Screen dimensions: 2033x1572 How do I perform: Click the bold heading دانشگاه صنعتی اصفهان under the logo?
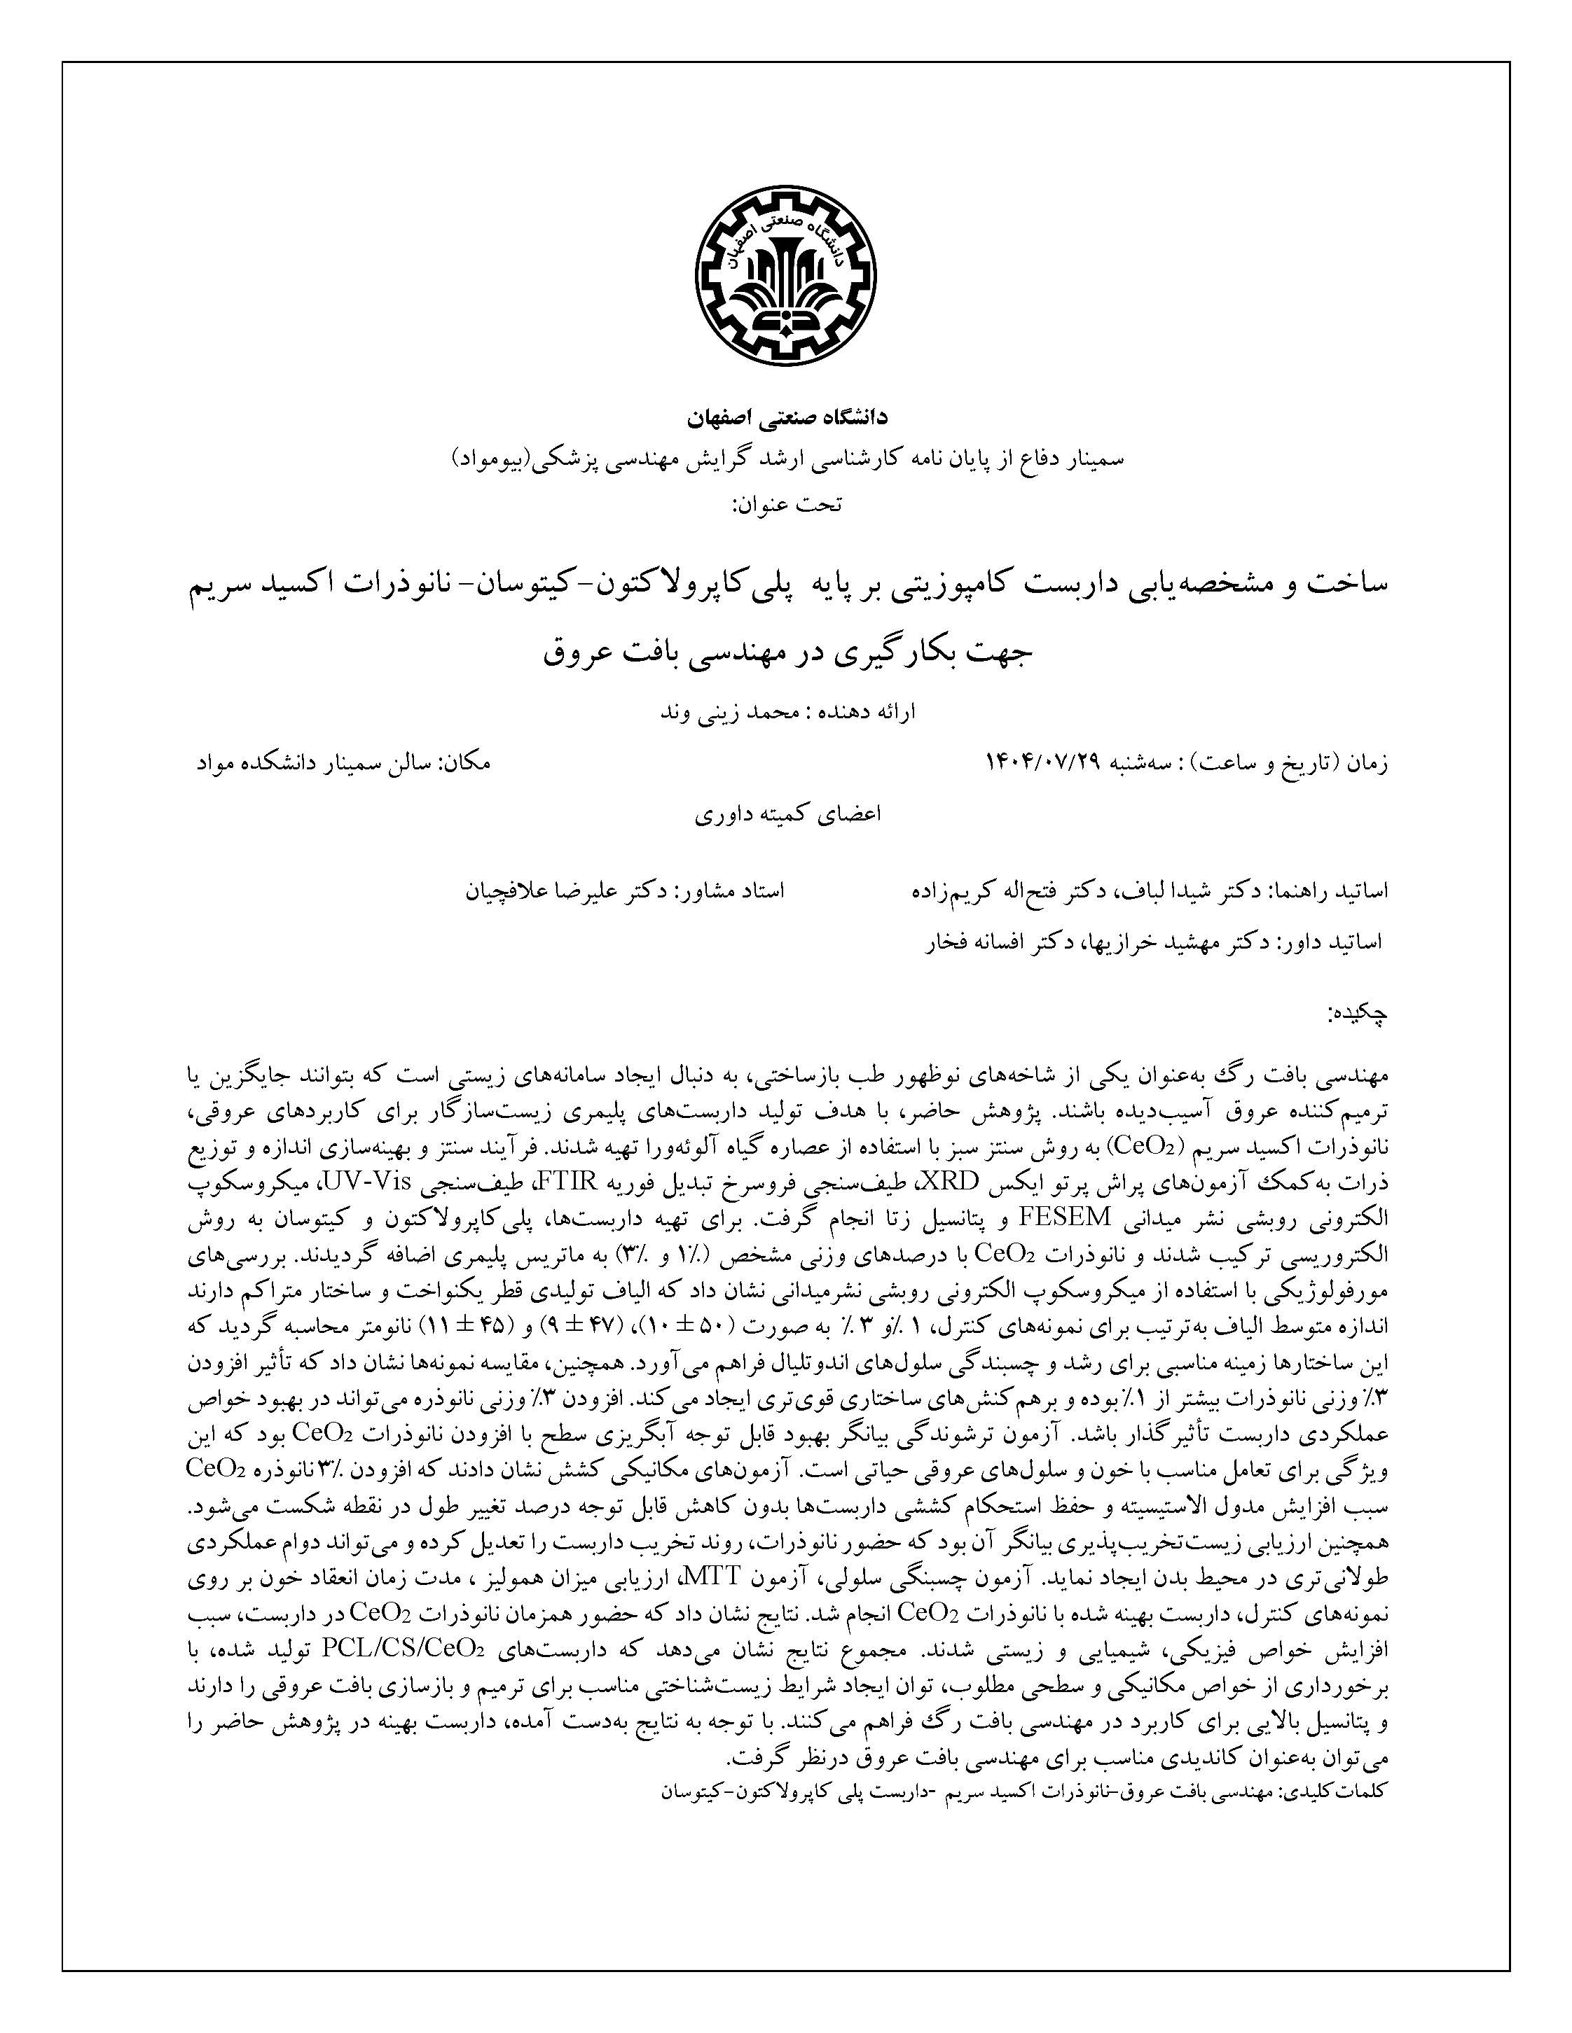click(x=787, y=418)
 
